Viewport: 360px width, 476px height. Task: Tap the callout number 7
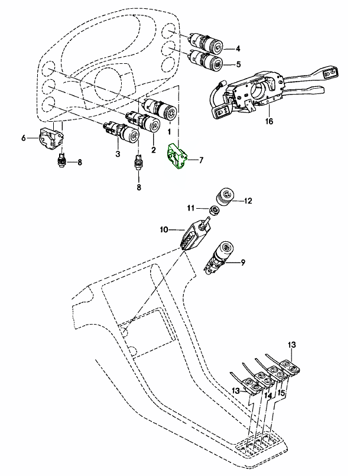[201, 160]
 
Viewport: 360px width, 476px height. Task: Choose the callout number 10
[164, 229]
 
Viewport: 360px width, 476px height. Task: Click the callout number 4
[238, 48]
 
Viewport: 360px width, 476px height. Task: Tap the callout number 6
[24, 138]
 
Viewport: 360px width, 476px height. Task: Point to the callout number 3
[118, 154]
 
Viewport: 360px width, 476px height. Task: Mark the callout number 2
[154, 149]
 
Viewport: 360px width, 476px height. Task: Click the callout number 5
[238, 64]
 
